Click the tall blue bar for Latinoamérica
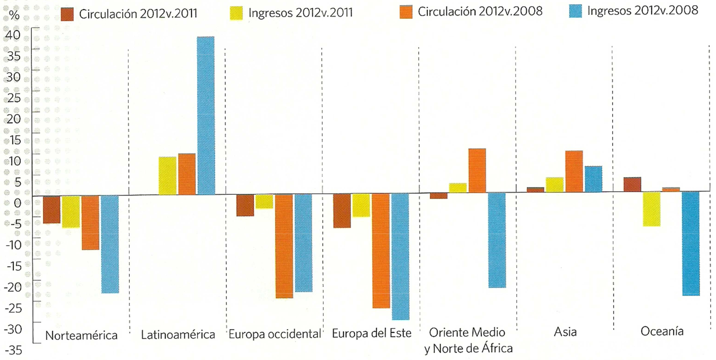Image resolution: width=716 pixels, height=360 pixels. pos(206,115)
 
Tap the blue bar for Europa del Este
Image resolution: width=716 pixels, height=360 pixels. pos(400,257)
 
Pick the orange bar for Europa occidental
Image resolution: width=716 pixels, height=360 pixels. pos(284,246)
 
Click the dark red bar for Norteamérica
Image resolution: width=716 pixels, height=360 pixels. pos(52,210)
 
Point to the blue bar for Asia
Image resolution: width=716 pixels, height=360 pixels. pos(593,179)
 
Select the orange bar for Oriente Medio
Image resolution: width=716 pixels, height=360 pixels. pos(477,171)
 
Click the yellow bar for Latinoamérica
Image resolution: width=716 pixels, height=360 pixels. pos(167,176)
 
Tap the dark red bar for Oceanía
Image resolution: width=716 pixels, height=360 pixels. pos(632,185)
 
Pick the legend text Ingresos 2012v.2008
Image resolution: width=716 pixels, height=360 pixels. pos(642,11)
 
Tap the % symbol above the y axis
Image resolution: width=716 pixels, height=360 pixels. pos(14,14)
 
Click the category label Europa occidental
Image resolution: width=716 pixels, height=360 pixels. pos(274,334)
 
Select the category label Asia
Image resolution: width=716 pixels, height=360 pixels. pos(565,332)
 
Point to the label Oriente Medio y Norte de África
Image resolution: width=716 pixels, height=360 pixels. pos(468,340)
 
